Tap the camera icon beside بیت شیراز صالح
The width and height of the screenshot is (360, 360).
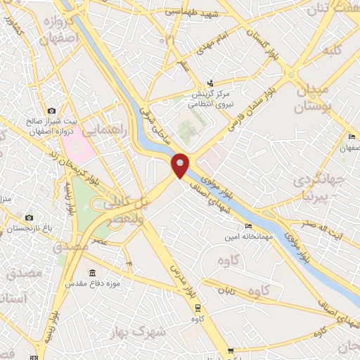pyautogui.click(x=51, y=111)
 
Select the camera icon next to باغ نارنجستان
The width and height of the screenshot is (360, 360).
pyautogui.click(x=29, y=217)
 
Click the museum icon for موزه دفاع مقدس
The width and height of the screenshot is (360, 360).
pyautogui.click(x=92, y=273)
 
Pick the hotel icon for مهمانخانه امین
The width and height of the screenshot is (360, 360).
pyautogui.click(x=247, y=226)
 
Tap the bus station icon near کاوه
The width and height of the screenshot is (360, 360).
pyautogui.click(x=198, y=307)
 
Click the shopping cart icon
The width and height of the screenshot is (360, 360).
pyautogui.click(x=229, y=351)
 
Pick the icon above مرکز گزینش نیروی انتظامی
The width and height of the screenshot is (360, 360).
pyautogui.click(x=211, y=83)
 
